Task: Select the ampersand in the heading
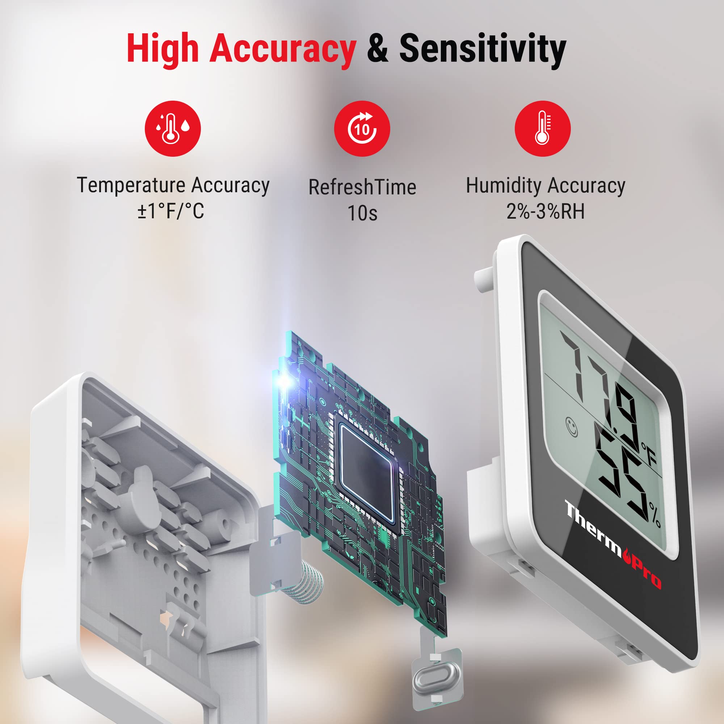click(x=377, y=48)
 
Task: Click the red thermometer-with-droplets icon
click(x=173, y=129)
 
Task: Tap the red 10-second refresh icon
click(x=362, y=129)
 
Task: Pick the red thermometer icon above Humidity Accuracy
click(x=543, y=129)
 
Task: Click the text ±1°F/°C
click(x=171, y=211)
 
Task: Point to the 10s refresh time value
click(x=362, y=213)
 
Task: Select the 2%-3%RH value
click(x=545, y=211)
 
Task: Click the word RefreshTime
click(x=362, y=188)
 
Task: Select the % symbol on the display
click(x=655, y=515)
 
